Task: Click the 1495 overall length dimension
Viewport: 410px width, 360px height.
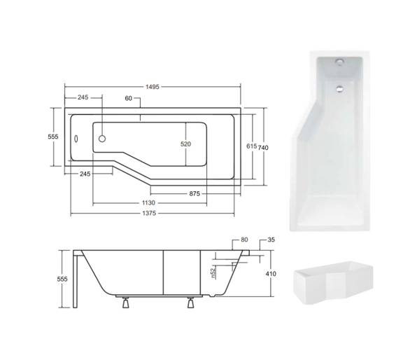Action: (x=153, y=87)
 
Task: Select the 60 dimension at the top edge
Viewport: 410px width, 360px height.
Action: (x=128, y=98)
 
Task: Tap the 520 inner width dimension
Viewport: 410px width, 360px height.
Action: (x=185, y=144)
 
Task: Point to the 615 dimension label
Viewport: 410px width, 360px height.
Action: (x=252, y=146)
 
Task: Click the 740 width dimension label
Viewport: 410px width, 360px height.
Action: (x=263, y=148)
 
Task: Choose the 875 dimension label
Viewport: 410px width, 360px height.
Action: (x=195, y=193)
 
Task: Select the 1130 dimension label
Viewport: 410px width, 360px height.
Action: (x=148, y=202)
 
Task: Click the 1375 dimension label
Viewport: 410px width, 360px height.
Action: (x=149, y=213)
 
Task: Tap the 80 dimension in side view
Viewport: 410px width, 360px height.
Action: (x=244, y=240)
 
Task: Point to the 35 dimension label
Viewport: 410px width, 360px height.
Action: (x=271, y=240)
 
